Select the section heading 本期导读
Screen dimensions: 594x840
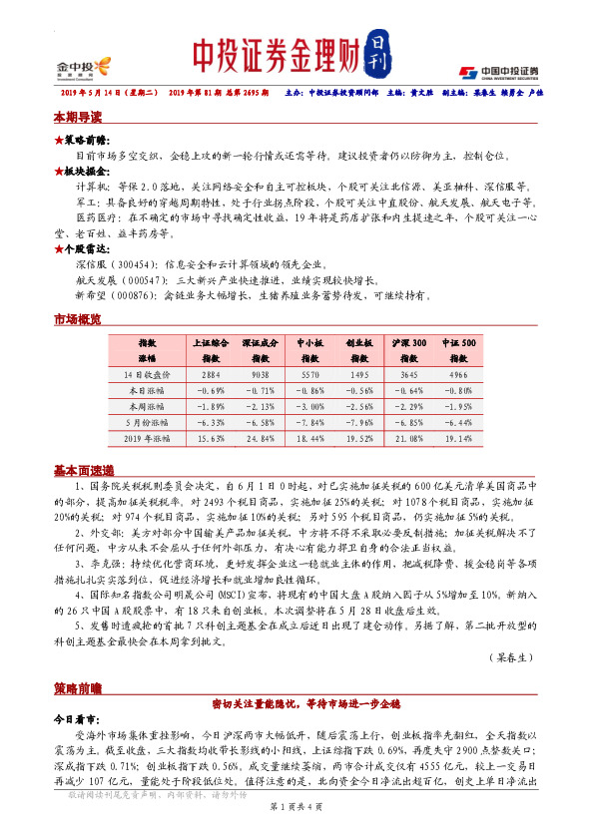point(77,117)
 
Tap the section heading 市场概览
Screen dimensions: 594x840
point(77,319)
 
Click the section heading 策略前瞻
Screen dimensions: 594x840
point(77,661)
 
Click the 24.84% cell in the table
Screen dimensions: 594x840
point(259,438)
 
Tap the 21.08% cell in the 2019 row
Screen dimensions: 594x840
point(409,438)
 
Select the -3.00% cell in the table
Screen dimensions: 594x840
point(311,406)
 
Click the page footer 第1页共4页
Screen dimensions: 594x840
point(297,817)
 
